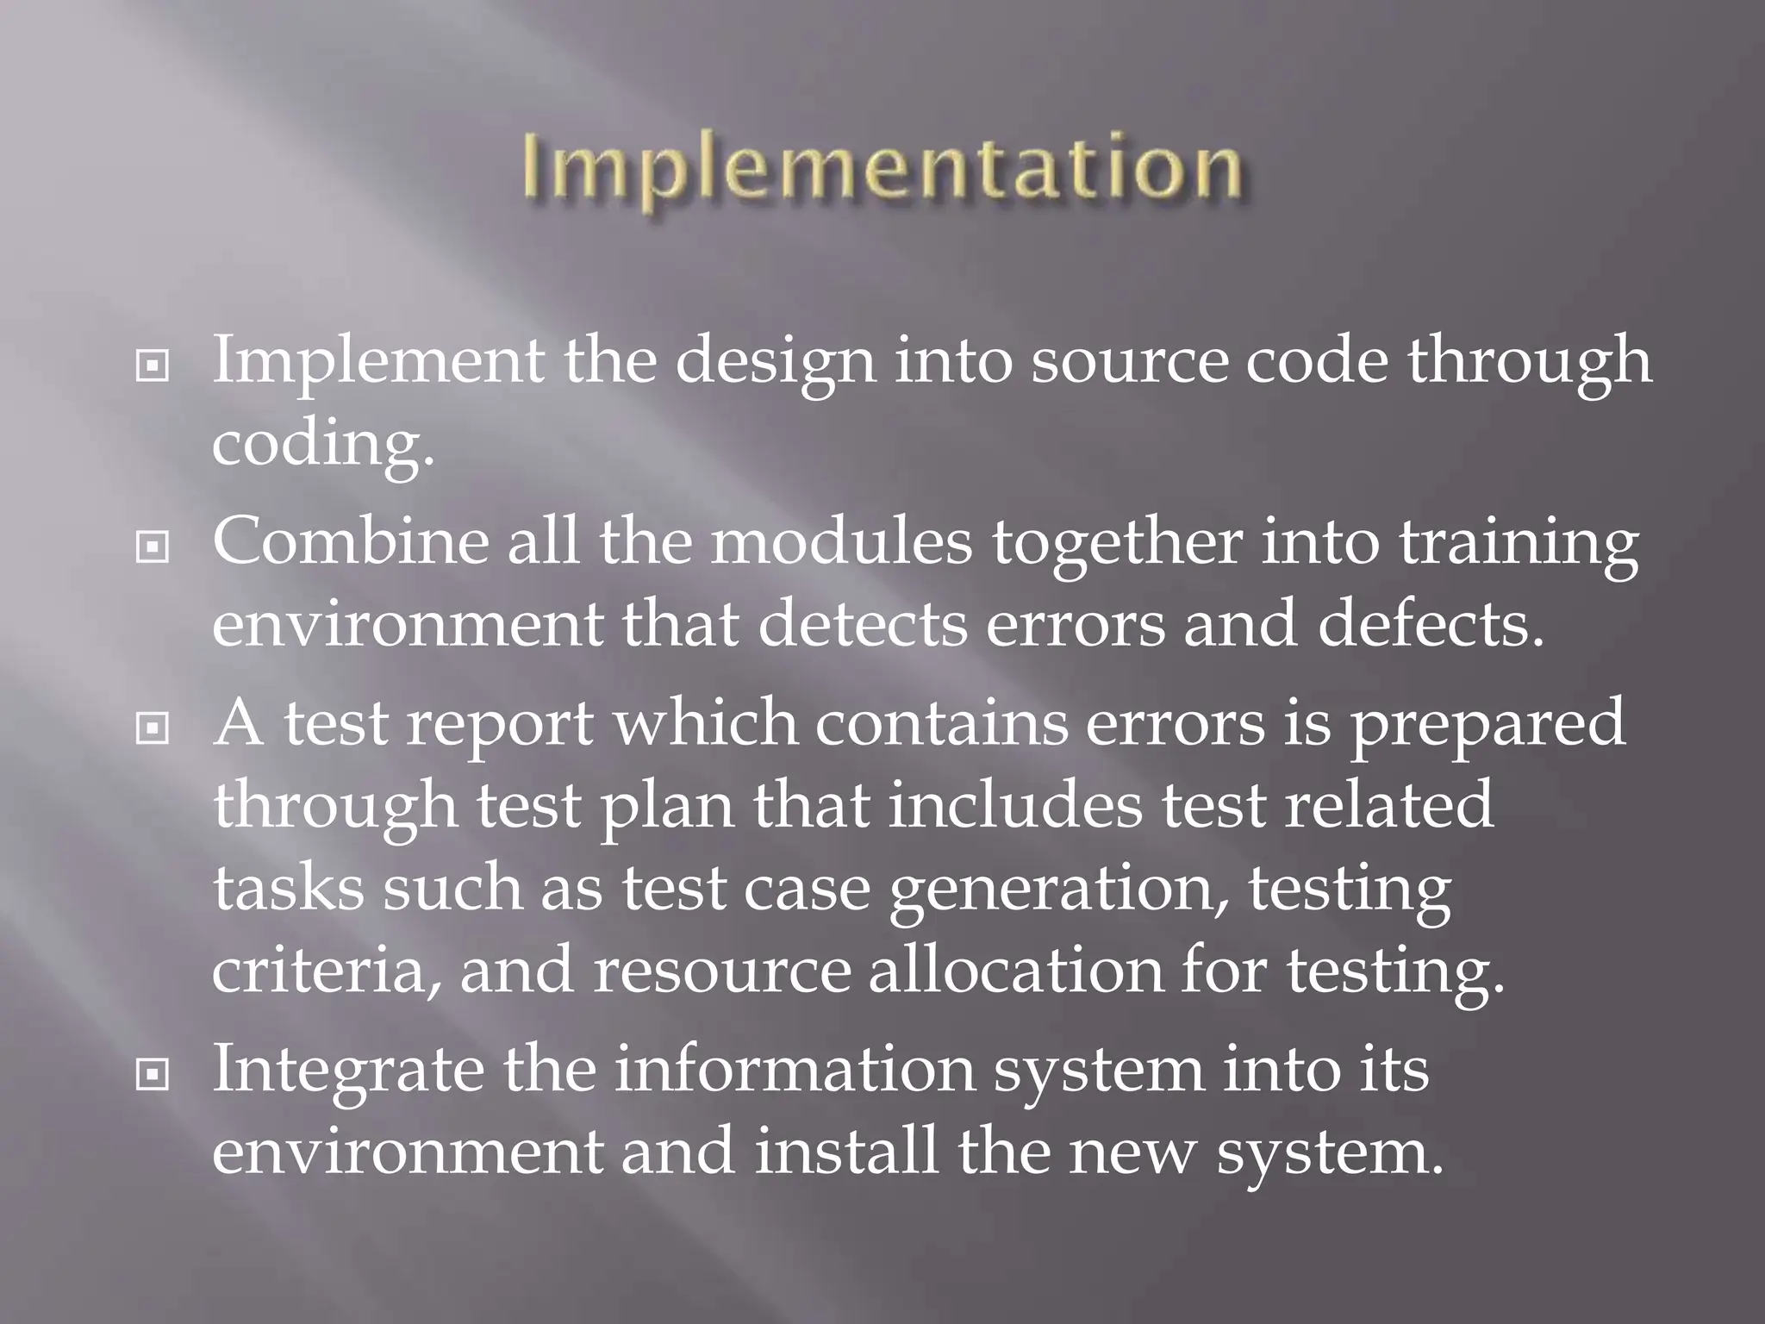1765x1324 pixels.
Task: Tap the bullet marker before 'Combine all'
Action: click(153, 548)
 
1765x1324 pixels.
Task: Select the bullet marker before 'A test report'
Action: click(153, 730)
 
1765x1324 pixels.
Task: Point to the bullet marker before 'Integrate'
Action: click(153, 1075)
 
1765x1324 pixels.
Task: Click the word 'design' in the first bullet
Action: click(775, 362)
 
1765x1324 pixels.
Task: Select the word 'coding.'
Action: click(323, 445)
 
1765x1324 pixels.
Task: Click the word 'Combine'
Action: click(350, 543)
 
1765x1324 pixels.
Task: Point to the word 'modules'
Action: click(841, 543)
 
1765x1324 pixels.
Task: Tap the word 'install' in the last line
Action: click(845, 1152)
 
